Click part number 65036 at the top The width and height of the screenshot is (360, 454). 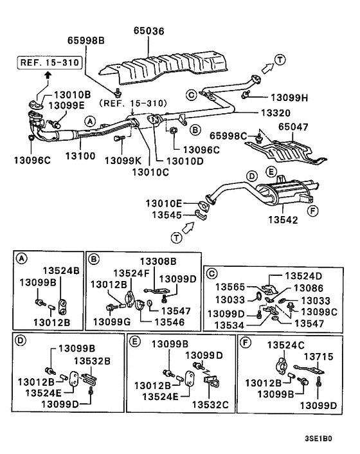[148, 31]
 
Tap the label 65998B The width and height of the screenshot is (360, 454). [86, 41]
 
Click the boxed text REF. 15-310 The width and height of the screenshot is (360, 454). [50, 62]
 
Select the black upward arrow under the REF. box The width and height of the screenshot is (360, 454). [48, 75]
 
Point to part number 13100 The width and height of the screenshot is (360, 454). [80, 156]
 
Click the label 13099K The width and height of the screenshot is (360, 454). [123, 160]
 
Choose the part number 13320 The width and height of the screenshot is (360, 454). [276, 113]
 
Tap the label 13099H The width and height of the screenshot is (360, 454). [289, 98]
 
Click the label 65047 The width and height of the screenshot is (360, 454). [293, 127]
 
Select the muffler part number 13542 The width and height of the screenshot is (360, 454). [283, 220]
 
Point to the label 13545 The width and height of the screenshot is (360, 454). [166, 215]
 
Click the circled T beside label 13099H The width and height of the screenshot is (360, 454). [280, 60]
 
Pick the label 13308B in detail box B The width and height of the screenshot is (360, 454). [158, 262]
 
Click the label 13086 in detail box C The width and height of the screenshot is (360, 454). [309, 288]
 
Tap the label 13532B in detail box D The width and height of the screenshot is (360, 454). [92, 361]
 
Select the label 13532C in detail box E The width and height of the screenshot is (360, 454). [210, 404]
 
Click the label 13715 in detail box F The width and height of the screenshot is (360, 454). [319, 356]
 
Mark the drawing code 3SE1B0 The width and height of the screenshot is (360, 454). [318, 439]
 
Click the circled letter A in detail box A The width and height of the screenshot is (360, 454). [21, 259]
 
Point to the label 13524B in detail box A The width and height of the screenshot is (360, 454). [61, 271]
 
